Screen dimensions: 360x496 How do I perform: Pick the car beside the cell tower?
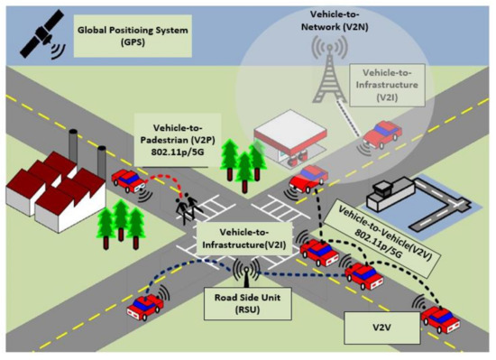[384, 135]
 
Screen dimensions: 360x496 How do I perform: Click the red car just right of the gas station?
[311, 177]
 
